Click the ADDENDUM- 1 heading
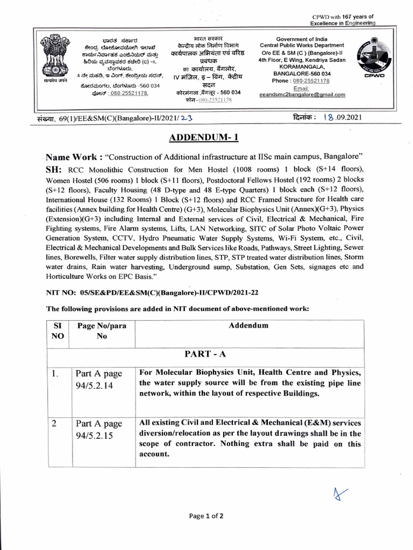pyautogui.click(x=204, y=137)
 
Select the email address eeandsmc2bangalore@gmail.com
pyautogui.click(x=302, y=95)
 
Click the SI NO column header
pyautogui.click(x=59, y=331)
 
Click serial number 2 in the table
pyautogui.click(x=54, y=423)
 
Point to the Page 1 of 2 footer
pyautogui.click(x=206, y=516)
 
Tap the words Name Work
pyautogui.click(x=74, y=158)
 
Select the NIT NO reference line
pyautogui.click(x=153, y=292)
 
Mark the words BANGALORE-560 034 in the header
pyautogui.click(x=302, y=74)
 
